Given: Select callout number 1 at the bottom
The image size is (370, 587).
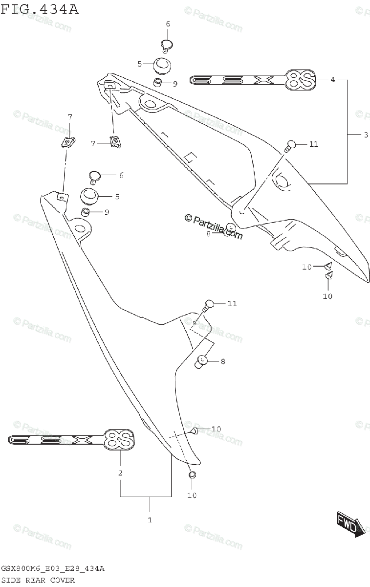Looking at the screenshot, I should point(150,519).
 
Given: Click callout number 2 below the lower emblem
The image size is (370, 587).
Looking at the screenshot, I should point(120,473).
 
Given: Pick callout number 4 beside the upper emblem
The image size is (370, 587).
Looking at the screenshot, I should point(332,80).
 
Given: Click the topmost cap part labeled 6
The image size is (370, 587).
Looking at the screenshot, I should point(168,45).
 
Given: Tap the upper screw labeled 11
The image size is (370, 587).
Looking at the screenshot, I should point(290,145).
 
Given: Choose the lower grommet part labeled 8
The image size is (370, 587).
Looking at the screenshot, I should point(201,362).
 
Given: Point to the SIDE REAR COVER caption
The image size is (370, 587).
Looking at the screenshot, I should point(38,580).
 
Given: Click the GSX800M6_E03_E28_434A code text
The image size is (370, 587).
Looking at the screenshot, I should point(52,569).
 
